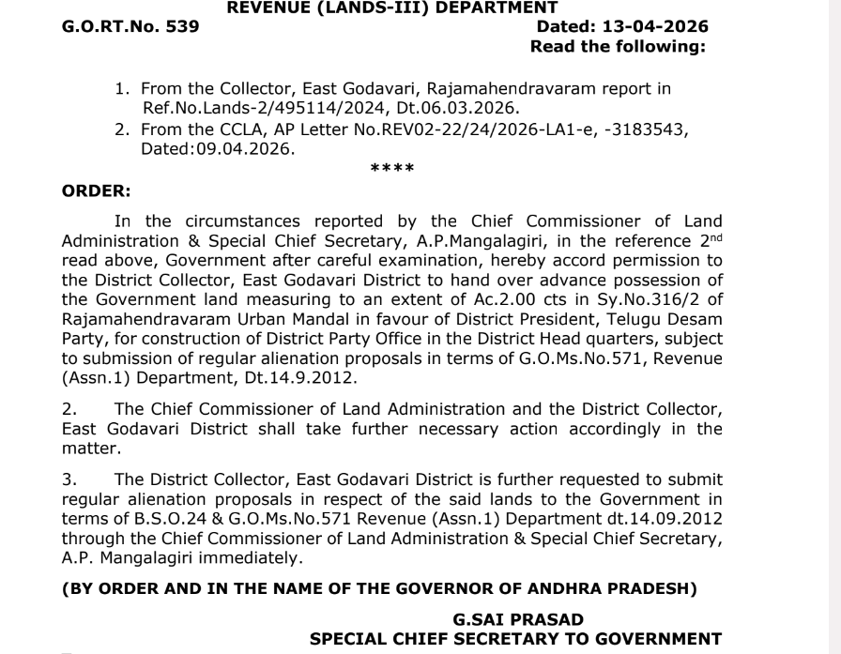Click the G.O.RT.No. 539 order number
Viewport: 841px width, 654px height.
coord(130,26)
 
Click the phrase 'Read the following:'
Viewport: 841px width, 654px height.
coord(618,46)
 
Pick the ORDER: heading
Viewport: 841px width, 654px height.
coord(96,190)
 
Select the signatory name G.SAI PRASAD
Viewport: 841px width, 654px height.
coord(517,619)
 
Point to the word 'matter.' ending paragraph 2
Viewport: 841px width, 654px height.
coord(86,449)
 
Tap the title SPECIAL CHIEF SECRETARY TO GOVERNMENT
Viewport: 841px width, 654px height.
coord(516,639)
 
